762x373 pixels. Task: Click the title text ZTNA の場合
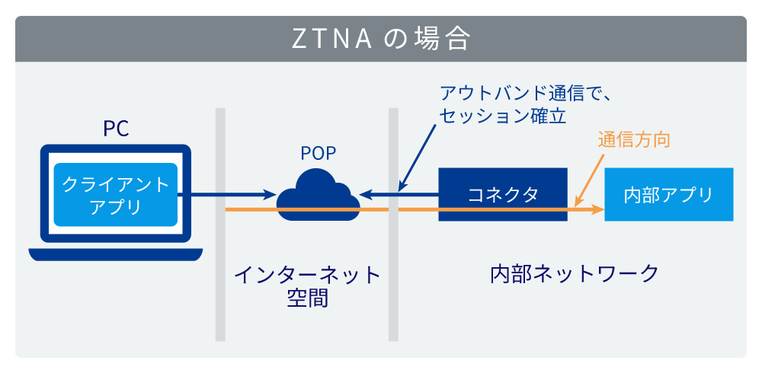pos(381,39)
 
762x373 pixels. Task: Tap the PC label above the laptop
pos(116,128)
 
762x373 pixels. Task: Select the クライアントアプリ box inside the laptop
pos(115,195)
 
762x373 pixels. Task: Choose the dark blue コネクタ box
pos(503,194)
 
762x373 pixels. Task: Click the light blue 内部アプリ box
pos(668,195)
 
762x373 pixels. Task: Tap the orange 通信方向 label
pos(633,141)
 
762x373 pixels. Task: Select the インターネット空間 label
pos(307,285)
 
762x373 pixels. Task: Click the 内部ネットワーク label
pos(574,273)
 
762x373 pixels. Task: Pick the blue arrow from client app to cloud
pos(229,194)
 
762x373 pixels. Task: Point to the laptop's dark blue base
pos(116,254)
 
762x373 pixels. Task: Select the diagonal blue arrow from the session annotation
pos(419,156)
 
